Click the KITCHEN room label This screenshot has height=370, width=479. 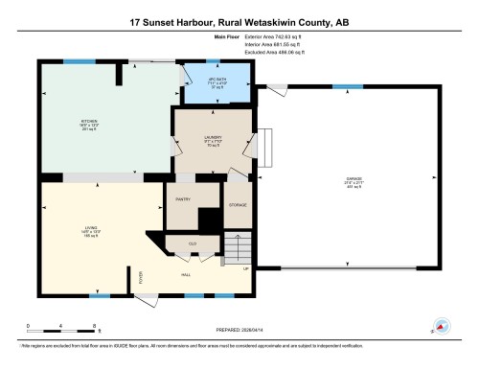89,122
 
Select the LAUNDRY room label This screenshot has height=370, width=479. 213,138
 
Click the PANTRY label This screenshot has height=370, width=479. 184,199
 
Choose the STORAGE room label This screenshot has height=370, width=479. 237,205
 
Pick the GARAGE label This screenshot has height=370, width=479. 354,180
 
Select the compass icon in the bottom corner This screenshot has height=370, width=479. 443,326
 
